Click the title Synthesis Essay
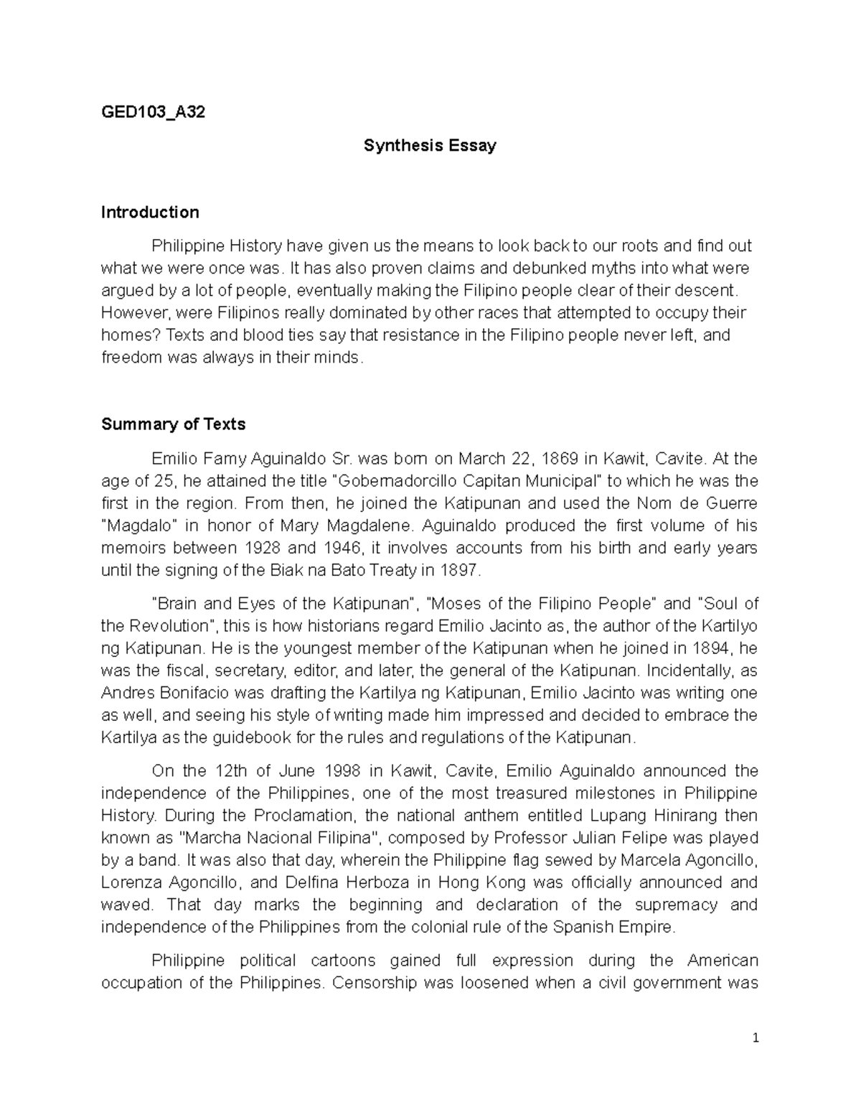pyautogui.click(x=430, y=146)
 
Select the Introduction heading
pyautogui.click(x=150, y=213)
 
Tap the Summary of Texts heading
pyautogui.click(x=174, y=424)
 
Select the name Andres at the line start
pyautogui.click(x=125, y=694)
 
